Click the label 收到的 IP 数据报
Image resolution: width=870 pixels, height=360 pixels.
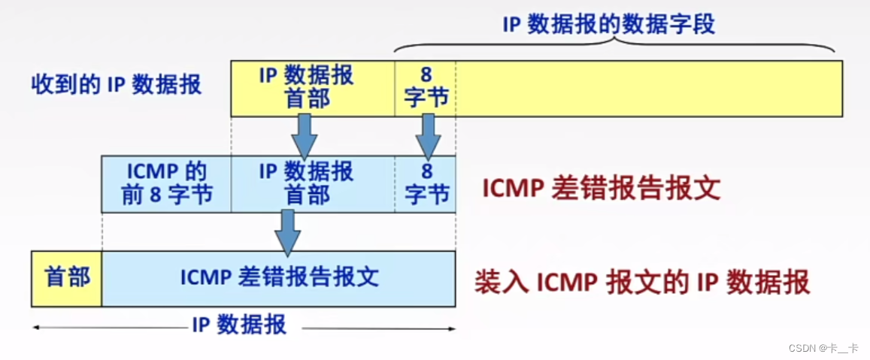117,84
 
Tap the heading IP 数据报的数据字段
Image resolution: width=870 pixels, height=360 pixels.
608,24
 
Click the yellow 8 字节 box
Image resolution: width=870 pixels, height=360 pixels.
426,88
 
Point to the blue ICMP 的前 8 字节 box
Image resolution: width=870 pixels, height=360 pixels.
166,183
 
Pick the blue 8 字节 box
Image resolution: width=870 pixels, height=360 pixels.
426,183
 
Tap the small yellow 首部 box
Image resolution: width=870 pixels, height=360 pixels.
66,278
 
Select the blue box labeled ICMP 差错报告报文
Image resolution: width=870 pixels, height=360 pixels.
279,278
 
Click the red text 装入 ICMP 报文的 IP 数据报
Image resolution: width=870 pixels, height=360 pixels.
641,282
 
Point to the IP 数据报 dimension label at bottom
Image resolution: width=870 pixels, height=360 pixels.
238,325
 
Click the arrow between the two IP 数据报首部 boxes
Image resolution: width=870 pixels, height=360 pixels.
305,135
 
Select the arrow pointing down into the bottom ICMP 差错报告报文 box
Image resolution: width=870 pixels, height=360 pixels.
286,231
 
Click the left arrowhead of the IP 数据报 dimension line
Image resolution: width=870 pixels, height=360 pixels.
35,327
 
